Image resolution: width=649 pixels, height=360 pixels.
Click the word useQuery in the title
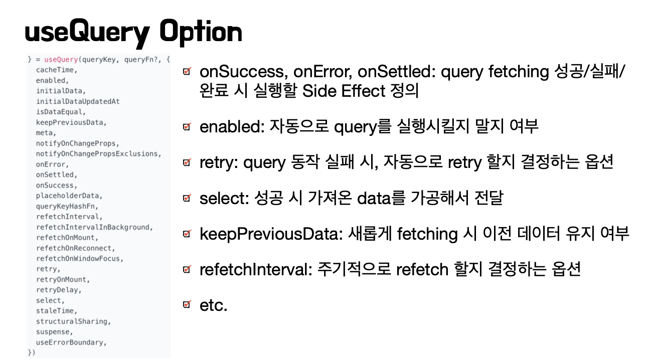coord(87,33)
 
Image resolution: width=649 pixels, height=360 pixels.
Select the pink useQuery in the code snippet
coord(61,60)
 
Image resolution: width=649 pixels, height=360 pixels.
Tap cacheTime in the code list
coord(55,70)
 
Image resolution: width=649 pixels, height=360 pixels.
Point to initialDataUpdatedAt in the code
coord(78,101)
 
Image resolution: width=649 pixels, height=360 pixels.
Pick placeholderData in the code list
coord(68,196)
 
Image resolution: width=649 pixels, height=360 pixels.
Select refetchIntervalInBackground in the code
coord(93,227)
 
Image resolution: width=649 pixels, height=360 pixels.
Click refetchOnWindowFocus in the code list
coord(78,258)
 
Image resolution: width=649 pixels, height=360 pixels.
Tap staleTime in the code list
coord(55,311)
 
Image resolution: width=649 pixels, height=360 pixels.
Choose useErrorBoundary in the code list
coord(70,342)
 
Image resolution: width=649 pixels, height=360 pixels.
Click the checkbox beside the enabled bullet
coord(187,126)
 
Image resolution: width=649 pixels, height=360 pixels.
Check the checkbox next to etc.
coord(187,304)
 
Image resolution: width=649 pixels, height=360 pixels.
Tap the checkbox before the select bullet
coord(187,198)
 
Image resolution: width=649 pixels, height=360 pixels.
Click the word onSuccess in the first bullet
coord(244,71)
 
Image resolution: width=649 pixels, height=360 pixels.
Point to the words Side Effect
coord(344,91)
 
